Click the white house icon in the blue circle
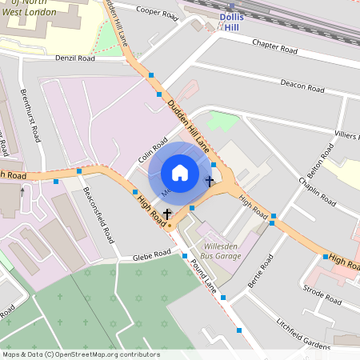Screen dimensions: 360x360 click(180, 173)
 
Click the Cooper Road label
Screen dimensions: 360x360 click(156, 10)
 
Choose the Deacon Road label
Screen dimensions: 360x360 click(302, 85)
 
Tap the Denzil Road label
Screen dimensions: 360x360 click(75, 58)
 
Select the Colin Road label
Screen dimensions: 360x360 click(151, 149)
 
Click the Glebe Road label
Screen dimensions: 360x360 click(151, 254)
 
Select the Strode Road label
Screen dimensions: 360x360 click(322, 294)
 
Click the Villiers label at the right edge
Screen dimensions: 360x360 click(347, 136)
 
